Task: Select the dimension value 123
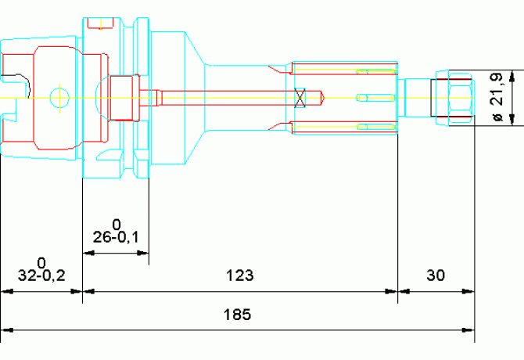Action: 240,275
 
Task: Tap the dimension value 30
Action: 436,275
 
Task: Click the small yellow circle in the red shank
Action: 57,98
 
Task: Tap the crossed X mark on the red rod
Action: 299,98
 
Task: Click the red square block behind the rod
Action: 124,98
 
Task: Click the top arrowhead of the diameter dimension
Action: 512,77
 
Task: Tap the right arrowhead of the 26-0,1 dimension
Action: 143,253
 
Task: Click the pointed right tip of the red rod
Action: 323,98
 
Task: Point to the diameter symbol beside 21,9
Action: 495,117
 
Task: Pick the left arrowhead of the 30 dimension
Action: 404,291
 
